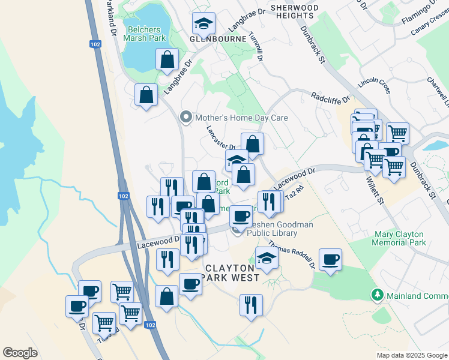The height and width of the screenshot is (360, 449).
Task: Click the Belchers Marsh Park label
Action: [145, 32]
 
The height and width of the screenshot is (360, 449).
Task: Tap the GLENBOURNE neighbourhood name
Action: [218, 39]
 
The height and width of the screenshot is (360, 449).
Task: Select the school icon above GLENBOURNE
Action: [203, 24]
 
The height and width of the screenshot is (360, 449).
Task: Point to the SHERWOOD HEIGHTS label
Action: [294, 11]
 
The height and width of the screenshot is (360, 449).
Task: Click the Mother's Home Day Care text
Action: [241, 118]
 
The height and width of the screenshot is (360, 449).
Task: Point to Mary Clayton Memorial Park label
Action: [399, 238]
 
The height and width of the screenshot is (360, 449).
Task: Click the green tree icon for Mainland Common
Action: [378, 295]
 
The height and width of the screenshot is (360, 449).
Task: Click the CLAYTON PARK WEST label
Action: [231, 272]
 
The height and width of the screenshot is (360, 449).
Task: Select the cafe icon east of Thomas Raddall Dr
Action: [330, 260]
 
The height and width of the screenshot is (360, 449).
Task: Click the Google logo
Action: [20, 353]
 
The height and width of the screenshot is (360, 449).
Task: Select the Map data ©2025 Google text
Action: [411, 355]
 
